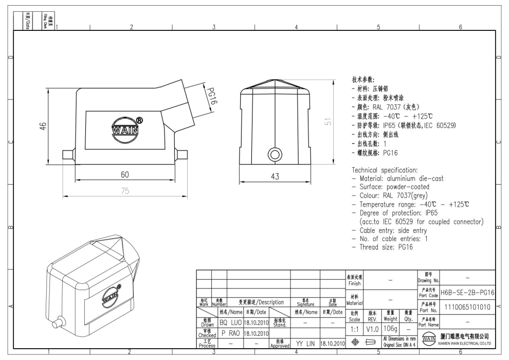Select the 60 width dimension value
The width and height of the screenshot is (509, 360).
[x=124, y=174]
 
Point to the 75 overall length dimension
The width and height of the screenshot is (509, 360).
[x=124, y=190]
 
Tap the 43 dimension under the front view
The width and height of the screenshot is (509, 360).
[x=275, y=176]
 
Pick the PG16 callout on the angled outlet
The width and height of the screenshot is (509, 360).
[x=210, y=96]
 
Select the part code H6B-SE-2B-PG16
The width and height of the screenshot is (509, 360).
[x=467, y=292]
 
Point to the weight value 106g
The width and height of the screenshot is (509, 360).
[x=391, y=328]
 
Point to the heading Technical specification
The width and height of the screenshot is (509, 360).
[x=389, y=170]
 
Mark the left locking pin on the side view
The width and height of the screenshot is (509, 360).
[x=68, y=154]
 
